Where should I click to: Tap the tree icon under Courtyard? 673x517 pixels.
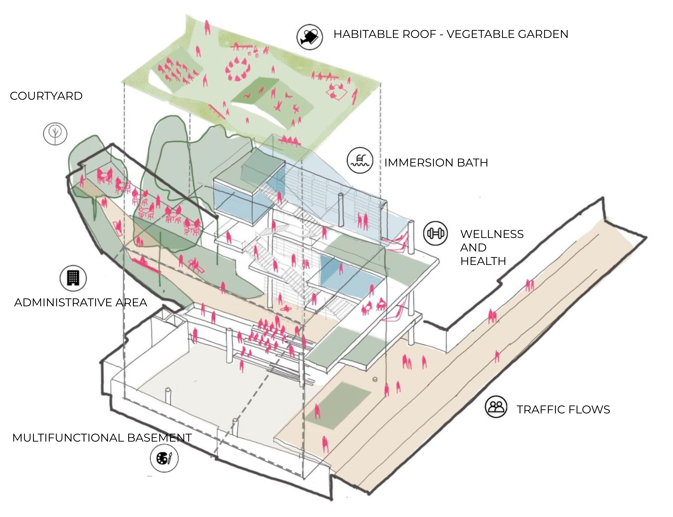tap(55, 134)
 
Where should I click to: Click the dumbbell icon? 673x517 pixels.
tap(435, 233)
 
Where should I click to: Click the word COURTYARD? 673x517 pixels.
tap(46, 96)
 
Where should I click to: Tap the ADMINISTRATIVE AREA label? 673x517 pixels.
tap(81, 302)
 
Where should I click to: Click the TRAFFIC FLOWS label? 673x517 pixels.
tap(563, 410)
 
